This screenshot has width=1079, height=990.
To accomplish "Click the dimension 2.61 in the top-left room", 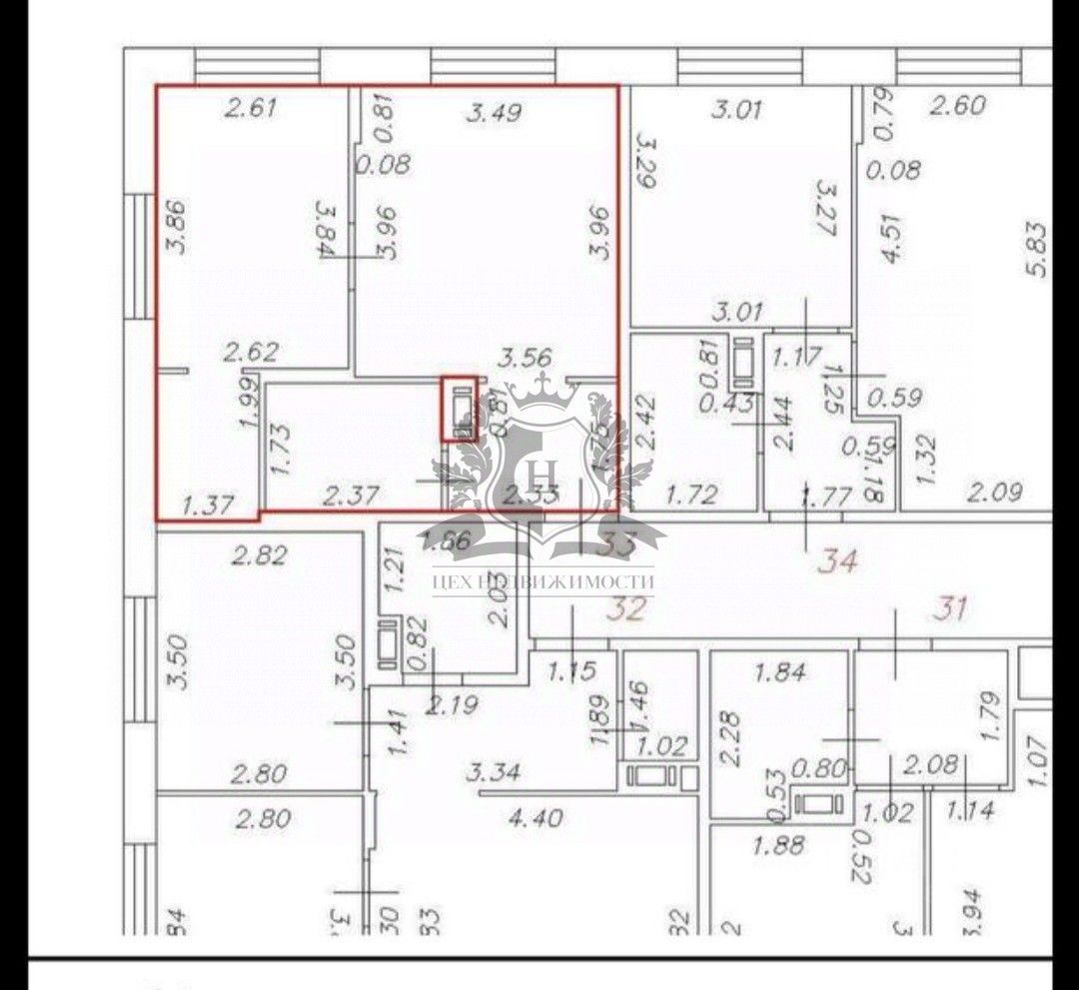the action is (250, 108).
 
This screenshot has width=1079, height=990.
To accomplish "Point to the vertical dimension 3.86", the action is (181, 228).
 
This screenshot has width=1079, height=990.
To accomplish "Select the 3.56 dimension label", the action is (526, 358).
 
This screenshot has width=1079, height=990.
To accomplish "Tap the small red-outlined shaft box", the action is (461, 409).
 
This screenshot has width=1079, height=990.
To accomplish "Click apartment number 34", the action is (837, 561).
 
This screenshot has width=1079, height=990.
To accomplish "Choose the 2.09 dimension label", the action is (995, 491).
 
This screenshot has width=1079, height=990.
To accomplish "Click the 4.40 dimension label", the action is (536, 818).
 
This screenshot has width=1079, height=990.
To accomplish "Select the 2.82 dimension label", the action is (259, 555).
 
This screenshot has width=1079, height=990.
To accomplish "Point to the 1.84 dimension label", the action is (780, 672).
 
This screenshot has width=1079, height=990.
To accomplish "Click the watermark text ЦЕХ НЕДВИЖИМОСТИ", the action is (543, 581).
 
